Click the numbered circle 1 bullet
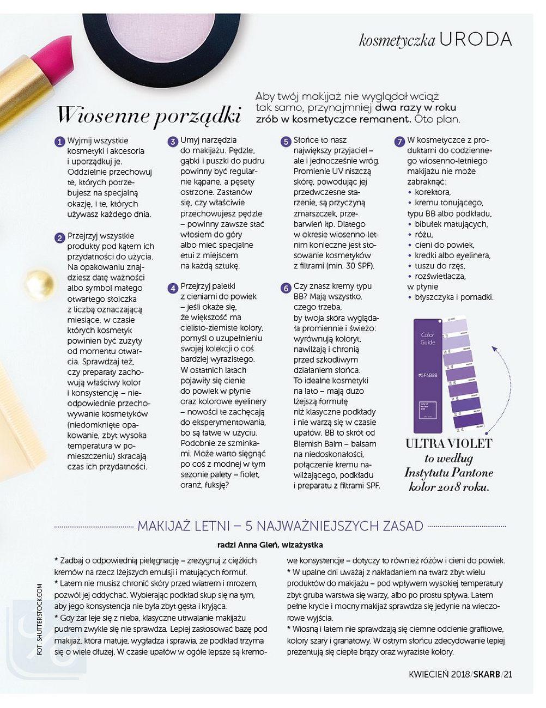tap(59, 142)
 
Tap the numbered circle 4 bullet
tap(173, 288)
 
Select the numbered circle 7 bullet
tap(399, 142)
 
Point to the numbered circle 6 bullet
tap(286, 288)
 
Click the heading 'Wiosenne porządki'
tap(149, 115)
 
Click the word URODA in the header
tap(475, 39)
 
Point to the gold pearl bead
tap(39, 283)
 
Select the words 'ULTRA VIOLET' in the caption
tap(448, 444)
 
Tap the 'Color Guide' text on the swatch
tap(428, 339)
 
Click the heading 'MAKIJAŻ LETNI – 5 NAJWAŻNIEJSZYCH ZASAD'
tap(280, 526)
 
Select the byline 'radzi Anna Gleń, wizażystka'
tap(270, 545)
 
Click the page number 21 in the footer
tap(508, 674)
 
